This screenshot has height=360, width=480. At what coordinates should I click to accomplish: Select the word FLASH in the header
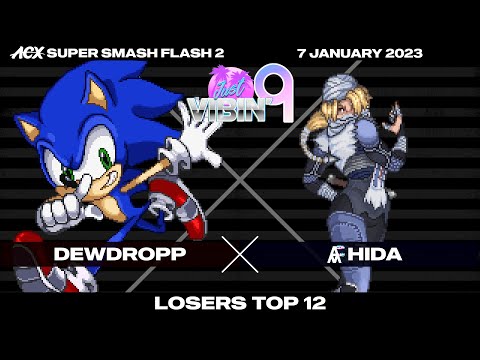pos(167,52)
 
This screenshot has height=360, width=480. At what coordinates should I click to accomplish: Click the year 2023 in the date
pos(400,52)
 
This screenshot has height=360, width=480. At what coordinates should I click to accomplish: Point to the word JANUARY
pos(343,52)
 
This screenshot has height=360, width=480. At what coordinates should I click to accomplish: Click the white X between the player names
pos(240,254)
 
